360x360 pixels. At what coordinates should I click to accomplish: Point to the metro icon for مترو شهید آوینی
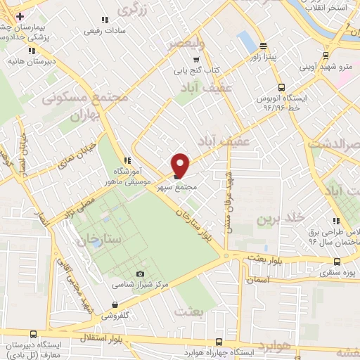[x=326, y=55]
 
